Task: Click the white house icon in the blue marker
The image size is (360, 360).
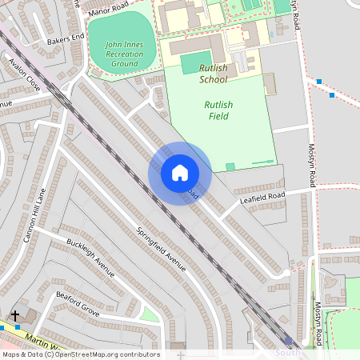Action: [x=180, y=173]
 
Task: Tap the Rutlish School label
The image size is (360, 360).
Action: [x=214, y=74]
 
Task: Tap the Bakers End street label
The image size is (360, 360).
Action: [x=66, y=38]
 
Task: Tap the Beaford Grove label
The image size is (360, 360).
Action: [x=78, y=303]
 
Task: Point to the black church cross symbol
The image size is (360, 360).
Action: [x=15, y=316]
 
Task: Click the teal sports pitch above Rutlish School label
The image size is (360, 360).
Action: [x=194, y=62]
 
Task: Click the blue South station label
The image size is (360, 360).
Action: [x=289, y=353]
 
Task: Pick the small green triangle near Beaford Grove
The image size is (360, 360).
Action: [x=150, y=314]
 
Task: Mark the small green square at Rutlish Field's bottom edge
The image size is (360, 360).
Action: [x=230, y=166]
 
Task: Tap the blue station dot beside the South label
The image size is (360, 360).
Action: [x=289, y=342]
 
